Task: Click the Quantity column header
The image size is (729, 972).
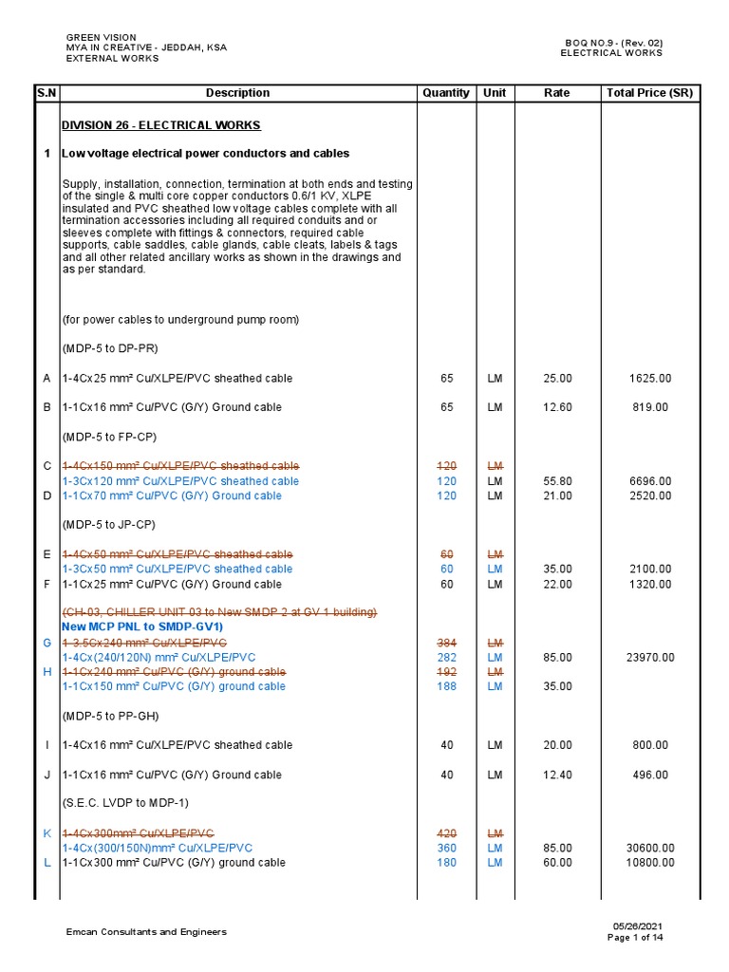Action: pyautogui.click(x=446, y=93)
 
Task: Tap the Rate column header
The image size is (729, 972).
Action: pyautogui.click(x=557, y=93)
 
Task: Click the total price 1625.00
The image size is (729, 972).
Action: pyautogui.click(x=650, y=379)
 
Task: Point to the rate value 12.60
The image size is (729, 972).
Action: pyautogui.click(x=557, y=408)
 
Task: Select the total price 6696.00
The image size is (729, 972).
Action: pyautogui.click(x=650, y=481)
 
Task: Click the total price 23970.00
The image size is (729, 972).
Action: pyautogui.click(x=650, y=657)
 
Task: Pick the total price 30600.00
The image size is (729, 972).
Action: pyautogui.click(x=650, y=848)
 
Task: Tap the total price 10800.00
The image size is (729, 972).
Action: pyautogui.click(x=650, y=863)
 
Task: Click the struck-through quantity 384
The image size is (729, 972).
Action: pyautogui.click(x=446, y=643)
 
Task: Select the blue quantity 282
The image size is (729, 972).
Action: pyautogui.click(x=446, y=657)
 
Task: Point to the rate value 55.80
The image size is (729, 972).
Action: pyautogui.click(x=557, y=481)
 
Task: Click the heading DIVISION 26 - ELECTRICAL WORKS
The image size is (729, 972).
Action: pyautogui.click(x=160, y=125)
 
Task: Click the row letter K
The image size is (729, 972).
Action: pyautogui.click(x=47, y=833)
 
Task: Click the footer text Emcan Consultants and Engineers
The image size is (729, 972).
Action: pyautogui.click(x=146, y=932)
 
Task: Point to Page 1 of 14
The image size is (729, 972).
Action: pyautogui.click(x=635, y=938)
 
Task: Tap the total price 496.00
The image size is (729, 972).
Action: pyautogui.click(x=650, y=775)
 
